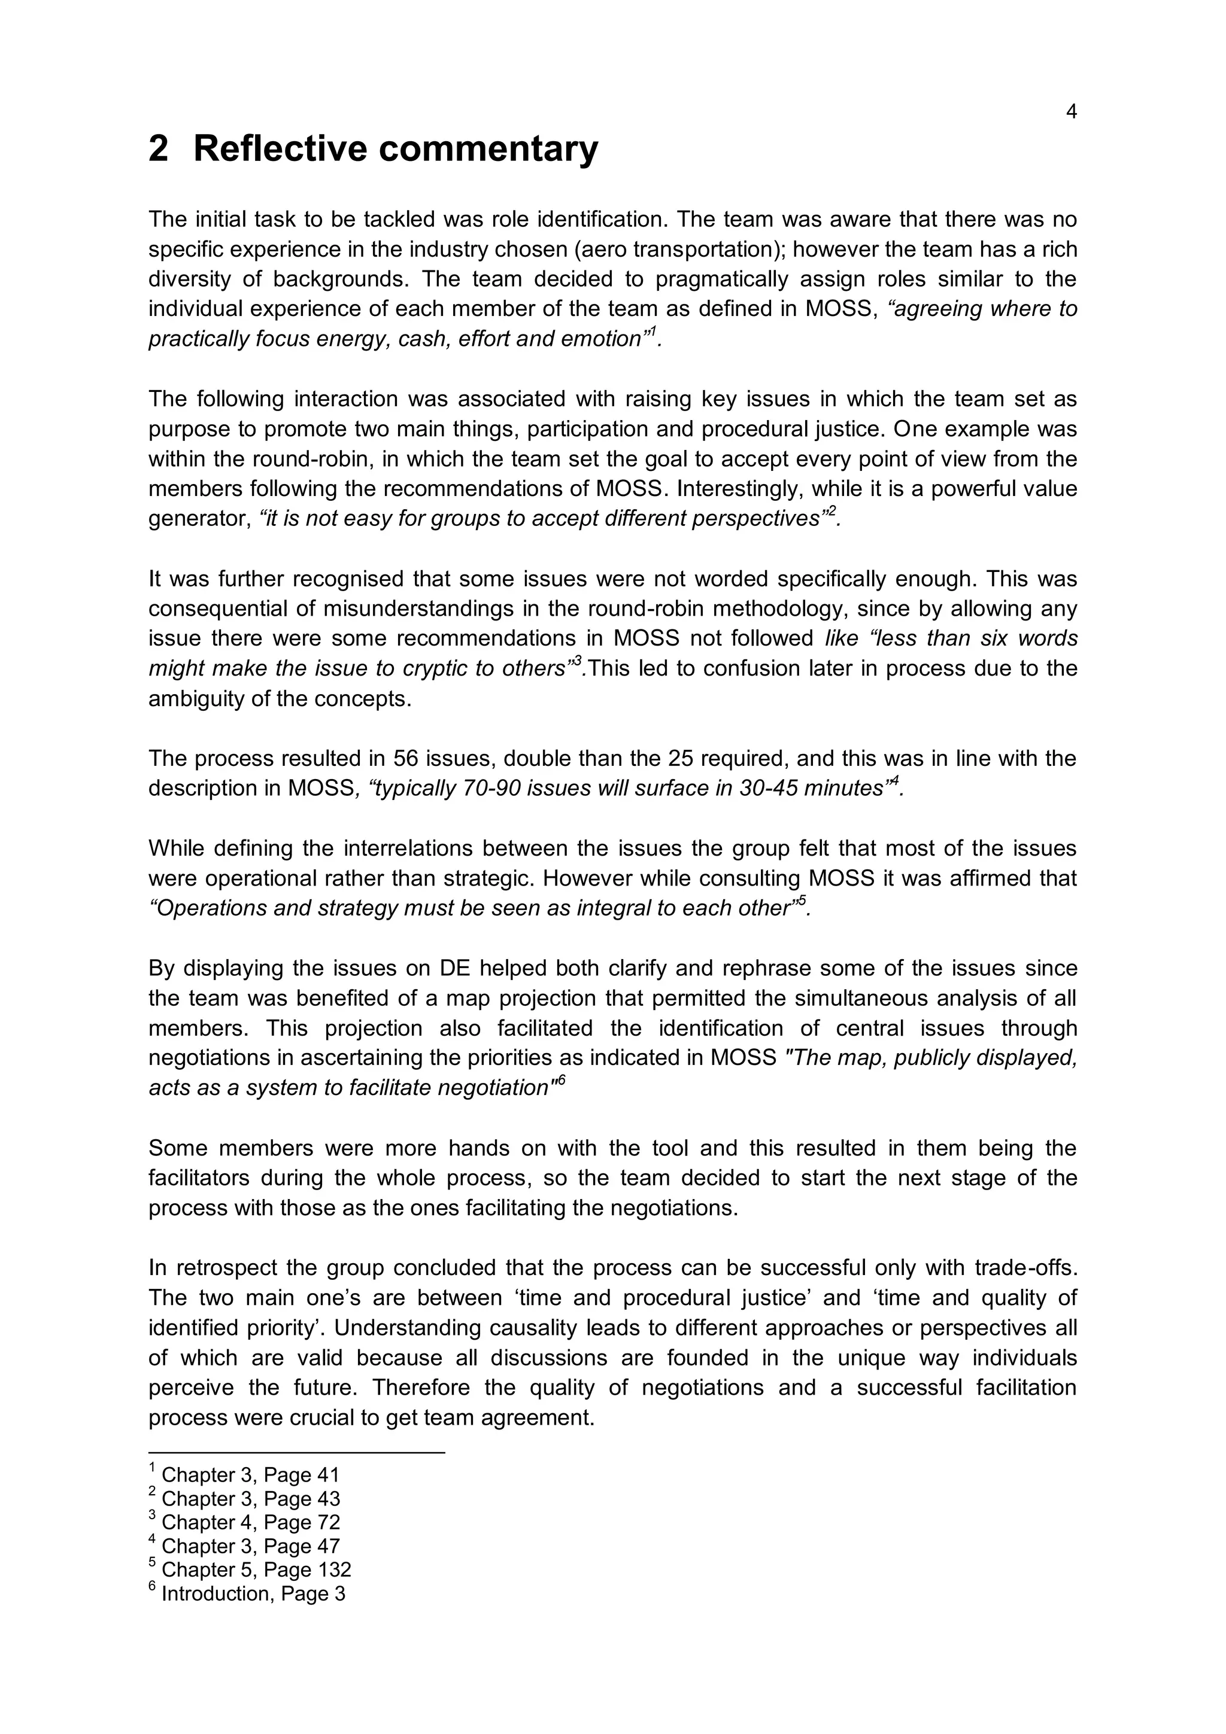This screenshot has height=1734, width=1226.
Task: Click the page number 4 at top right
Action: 1070,112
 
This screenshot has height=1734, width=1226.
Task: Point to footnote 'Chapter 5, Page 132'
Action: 256,1569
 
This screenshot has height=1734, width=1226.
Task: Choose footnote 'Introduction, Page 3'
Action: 253,1593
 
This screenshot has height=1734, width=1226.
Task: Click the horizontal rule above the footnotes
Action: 296,1452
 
